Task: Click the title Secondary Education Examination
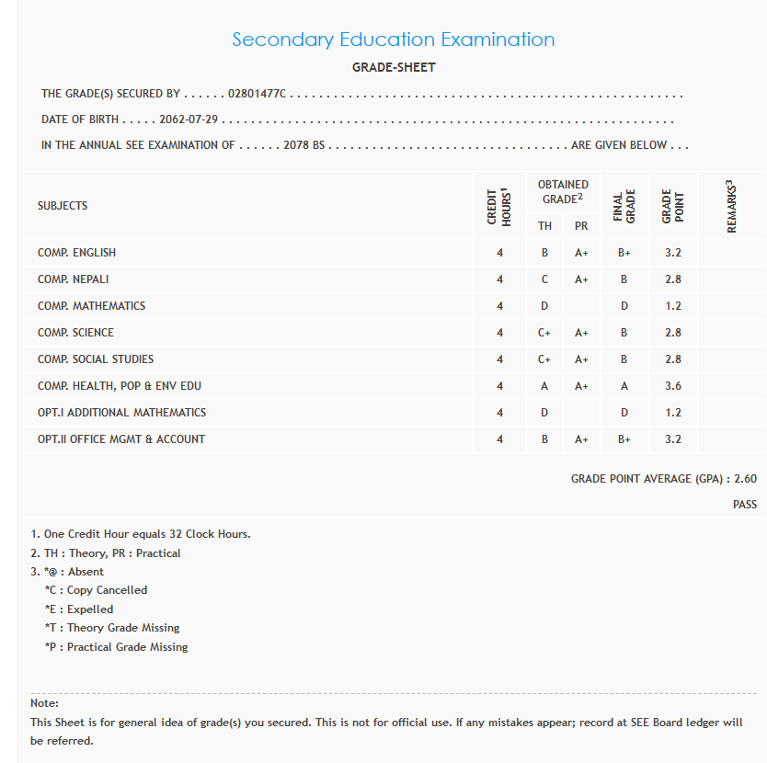[x=394, y=40]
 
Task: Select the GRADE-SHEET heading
[x=394, y=67]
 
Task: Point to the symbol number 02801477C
[x=258, y=94]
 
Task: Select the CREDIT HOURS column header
[x=499, y=206]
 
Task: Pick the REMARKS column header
[x=732, y=206]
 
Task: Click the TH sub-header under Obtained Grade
[x=544, y=226]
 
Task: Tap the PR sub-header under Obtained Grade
[x=581, y=226]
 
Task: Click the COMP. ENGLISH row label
[x=76, y=253]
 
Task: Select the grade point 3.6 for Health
[x=673, y=386]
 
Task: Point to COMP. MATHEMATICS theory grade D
[x=544, y=306]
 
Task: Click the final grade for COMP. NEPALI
[x=624, y=279]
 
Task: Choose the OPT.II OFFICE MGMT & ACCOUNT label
[x=121, y=439]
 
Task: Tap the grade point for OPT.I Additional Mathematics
[x=673, y=413]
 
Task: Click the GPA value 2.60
[x=746, y=479]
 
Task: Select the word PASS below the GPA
[x=745, y=505]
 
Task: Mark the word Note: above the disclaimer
[x=45, y=703]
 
